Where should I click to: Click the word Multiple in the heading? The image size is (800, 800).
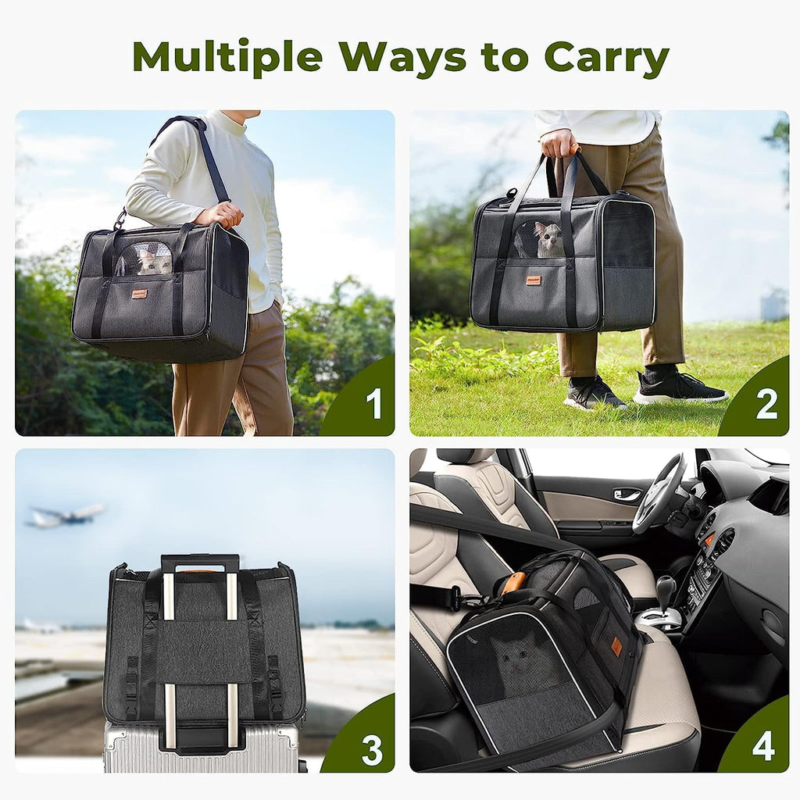[x=227, y=57]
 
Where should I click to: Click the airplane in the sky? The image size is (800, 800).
[x=65, y=516]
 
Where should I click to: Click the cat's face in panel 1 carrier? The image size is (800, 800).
[x=155, y=262]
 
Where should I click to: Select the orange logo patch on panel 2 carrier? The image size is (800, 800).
[x=534, y=280]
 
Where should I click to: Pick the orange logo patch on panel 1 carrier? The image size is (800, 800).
[x=139, y=294]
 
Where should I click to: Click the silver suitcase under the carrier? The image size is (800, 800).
[x=201, y=747]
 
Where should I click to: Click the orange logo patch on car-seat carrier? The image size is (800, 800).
[x=617, y=646]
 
